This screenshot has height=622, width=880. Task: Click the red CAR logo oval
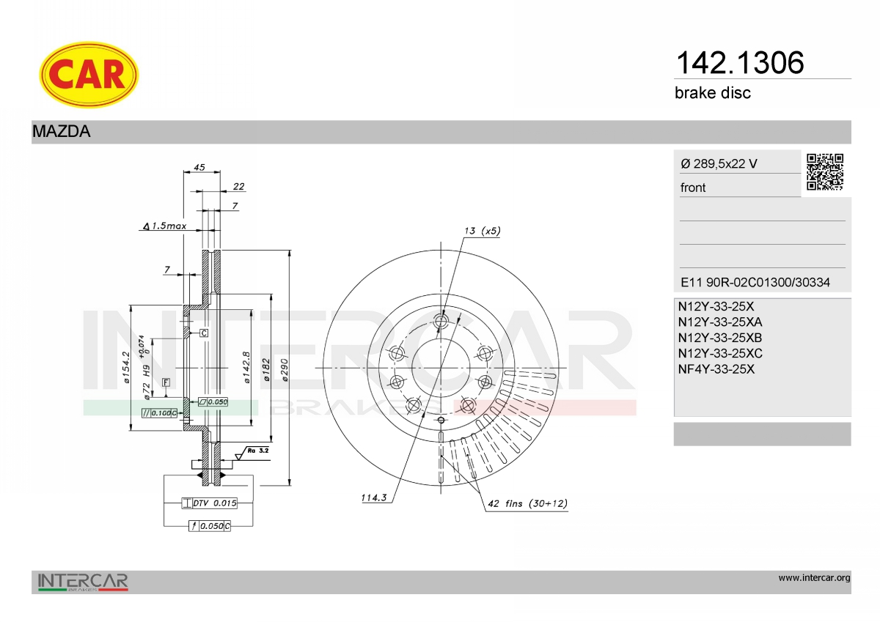coord(89,75)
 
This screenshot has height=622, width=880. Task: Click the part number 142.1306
coord(740,63)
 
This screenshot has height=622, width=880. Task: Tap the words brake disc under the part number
coord(713,93)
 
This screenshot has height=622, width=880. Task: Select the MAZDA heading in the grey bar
coord(62,131)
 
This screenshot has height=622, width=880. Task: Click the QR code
coord(824,172)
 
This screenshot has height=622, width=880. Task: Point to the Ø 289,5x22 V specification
coord(719,163)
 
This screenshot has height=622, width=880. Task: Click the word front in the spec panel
coord(693,188)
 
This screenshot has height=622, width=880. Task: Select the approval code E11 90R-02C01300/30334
coord(755,282)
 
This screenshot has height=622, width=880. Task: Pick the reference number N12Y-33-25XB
coord(720,338)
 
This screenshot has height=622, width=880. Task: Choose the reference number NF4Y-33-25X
coord(716,369)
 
